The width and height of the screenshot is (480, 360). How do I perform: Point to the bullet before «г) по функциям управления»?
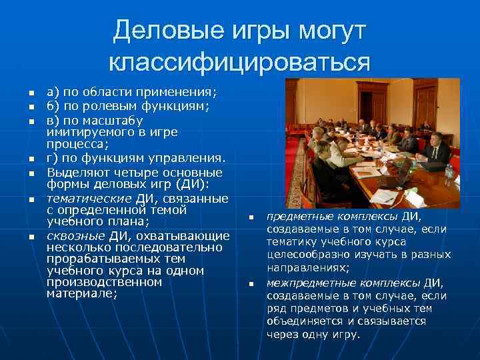23,159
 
